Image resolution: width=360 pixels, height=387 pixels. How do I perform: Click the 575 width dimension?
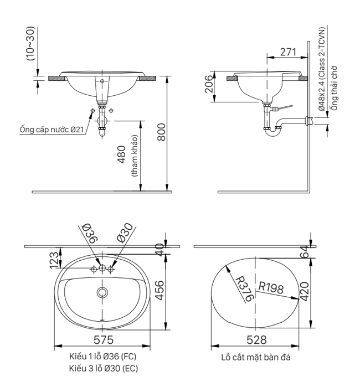pos(104,339)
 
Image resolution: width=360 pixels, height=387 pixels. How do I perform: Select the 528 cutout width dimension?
pos(256,339)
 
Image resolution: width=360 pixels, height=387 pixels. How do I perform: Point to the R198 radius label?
pos(271,288)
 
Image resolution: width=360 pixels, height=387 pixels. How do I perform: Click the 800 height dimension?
pos(162,132)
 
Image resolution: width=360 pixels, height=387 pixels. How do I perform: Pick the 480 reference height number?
pos(121,154)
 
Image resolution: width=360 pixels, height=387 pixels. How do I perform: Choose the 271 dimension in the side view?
pos(288,52)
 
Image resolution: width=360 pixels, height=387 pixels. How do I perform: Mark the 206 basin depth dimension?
pos(209,84)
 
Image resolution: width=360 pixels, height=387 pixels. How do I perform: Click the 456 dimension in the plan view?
pos(160,291)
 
